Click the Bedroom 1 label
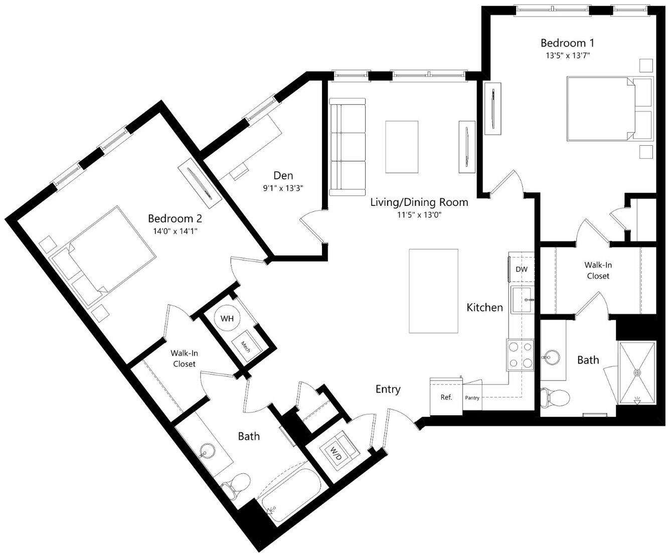(x=567, y=43)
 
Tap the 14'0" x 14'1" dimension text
(x=175, y=231)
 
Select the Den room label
(x=283, y=175)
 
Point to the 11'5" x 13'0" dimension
(x=419, y=215)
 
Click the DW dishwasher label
(x=522, y=269)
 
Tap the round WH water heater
(x=227, y=318)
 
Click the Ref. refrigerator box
(x=446, y=396)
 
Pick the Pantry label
(x=472, y=398)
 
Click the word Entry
(x=388, y=389)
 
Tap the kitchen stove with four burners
(x=520, y=355)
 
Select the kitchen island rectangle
(x=433, y=291)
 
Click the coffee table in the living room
(x=402, y=147)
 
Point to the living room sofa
(x=348, y=147)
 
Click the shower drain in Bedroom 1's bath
(x=637, y=372)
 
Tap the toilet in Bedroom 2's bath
(x=235, y=485)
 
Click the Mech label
(x=246, y=347)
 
